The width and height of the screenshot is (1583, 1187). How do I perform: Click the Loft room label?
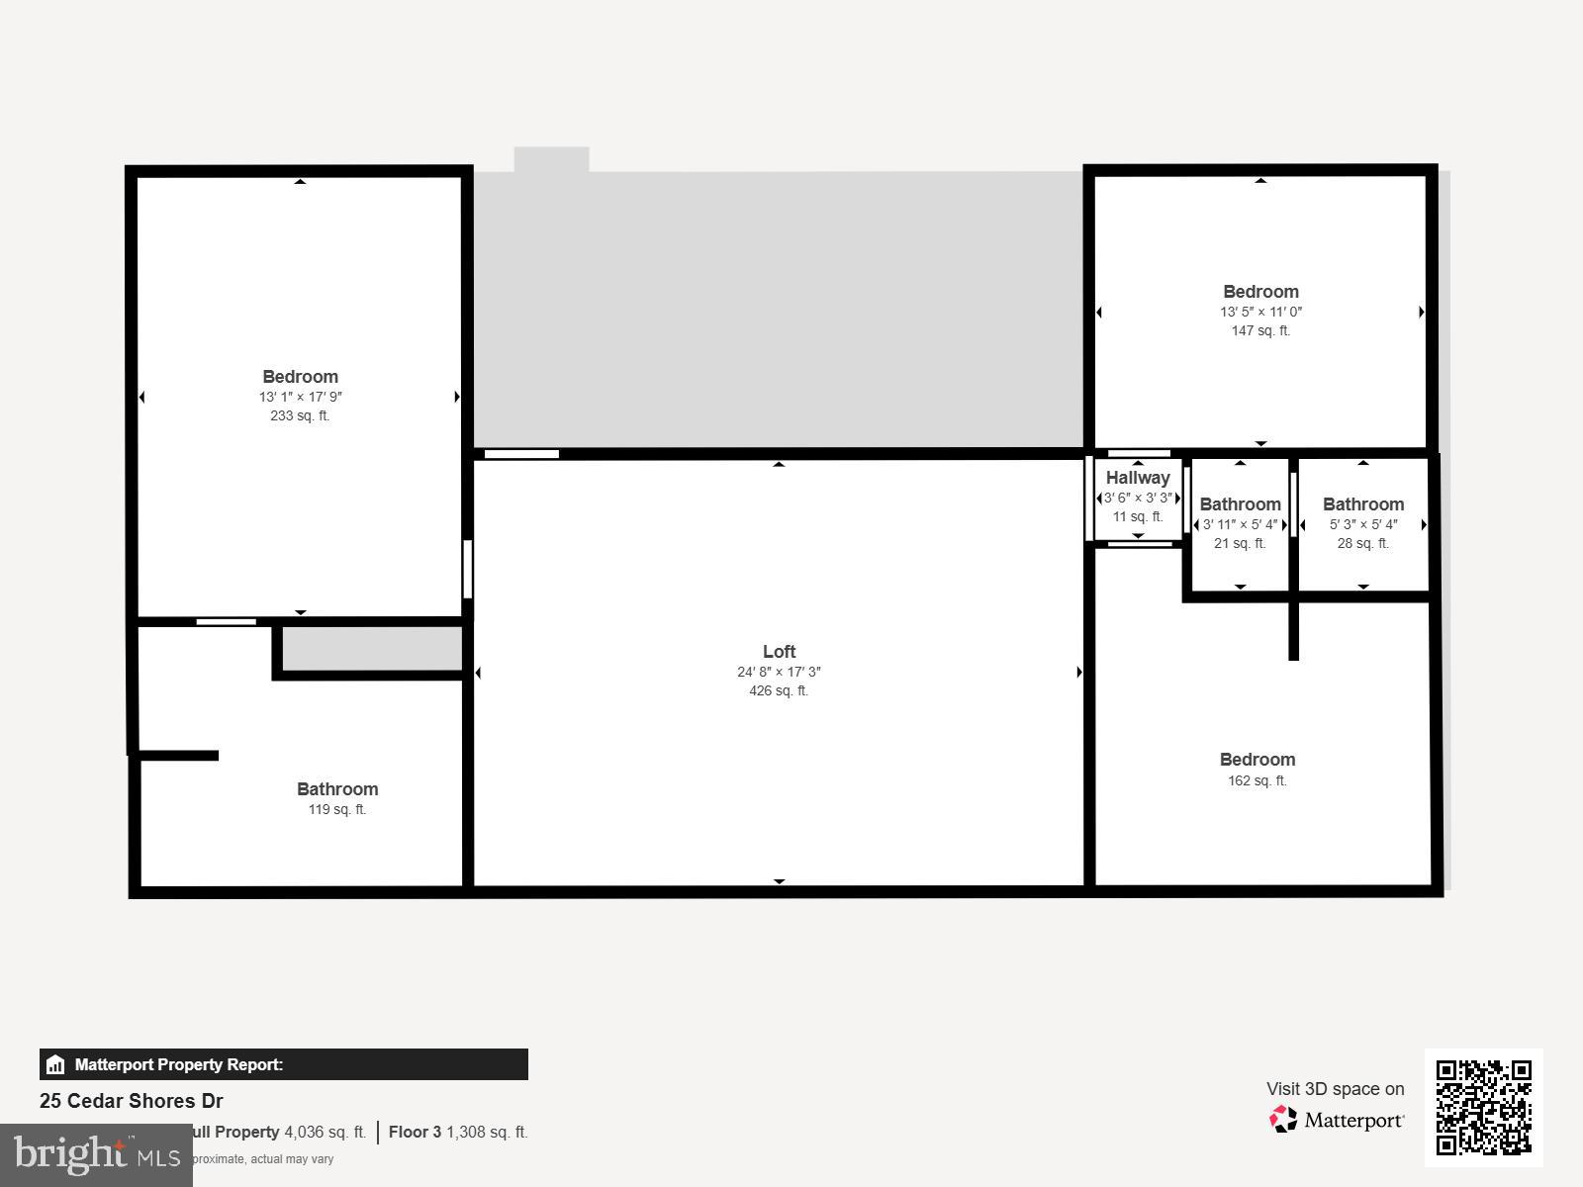779,651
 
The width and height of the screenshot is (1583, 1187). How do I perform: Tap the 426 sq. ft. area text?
779,691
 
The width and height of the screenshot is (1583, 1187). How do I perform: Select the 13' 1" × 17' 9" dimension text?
301,397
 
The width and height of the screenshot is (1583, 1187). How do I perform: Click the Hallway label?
1138,478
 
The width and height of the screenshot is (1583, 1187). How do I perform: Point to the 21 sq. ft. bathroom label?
1240,504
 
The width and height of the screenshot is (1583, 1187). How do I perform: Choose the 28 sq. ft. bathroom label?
1363,504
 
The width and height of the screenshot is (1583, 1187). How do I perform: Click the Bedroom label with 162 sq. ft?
1257,760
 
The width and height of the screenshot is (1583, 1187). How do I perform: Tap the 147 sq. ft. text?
1260,331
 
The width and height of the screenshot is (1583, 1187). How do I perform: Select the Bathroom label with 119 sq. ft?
337,789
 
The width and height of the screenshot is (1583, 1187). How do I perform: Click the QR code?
1483,1107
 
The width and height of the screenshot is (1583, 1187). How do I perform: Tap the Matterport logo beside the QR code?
1338,1120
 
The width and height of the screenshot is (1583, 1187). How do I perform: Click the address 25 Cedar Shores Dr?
132,1101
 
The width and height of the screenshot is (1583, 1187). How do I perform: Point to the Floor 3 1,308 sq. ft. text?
458,1132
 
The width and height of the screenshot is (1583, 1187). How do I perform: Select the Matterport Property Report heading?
179,1064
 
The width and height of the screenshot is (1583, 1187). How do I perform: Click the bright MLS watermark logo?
96,1154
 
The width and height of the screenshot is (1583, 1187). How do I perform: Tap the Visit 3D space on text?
1335,1089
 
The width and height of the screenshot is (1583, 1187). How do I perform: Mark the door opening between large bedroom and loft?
467,569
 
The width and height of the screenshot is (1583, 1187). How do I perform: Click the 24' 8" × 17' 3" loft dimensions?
779,672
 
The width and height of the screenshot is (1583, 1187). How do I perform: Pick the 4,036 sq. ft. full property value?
325,1132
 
